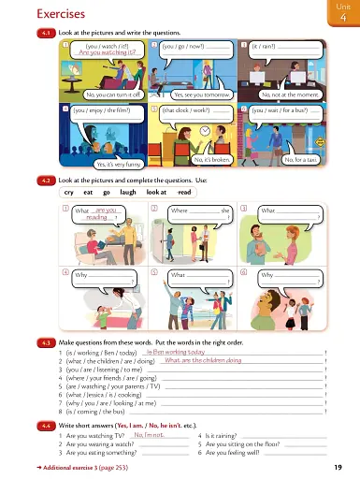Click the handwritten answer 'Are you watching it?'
(x=107, y=53)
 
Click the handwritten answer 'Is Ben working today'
(x=177, y=351)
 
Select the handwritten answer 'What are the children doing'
(x=202, y=360)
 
